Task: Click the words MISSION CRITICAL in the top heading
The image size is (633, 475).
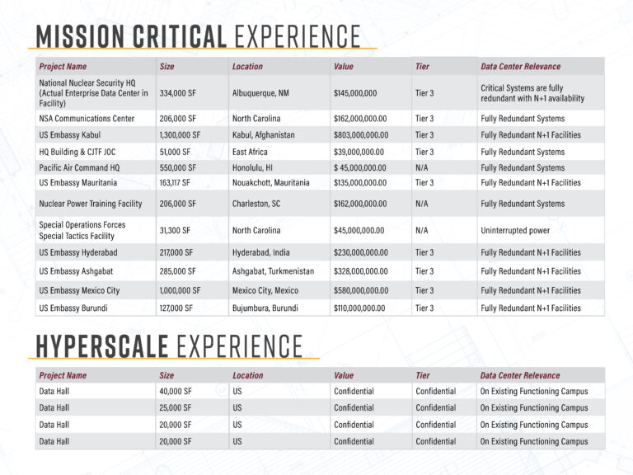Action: pos(131,36)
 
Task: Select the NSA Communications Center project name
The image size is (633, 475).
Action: pos(87,119)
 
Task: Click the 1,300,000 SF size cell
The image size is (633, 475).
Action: pos(180,135)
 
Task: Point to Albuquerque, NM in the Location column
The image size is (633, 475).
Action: pos(260,93)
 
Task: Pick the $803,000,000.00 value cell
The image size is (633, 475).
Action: pos(361,135)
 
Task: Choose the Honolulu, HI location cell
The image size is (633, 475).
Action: pos(256,167)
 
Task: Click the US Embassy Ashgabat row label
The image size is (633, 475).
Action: pos(78,271)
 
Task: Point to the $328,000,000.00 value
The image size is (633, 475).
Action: pos(361,271)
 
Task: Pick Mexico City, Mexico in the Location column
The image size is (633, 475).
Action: pos(265,290)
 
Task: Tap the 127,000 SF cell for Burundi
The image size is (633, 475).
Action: pos(176,308)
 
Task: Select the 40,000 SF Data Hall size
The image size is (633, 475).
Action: pos(176,392)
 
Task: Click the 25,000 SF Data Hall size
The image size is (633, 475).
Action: pos(176,408)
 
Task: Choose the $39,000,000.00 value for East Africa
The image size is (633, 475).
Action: pos(359,152)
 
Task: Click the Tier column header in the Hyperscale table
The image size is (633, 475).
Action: pos(423,375)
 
